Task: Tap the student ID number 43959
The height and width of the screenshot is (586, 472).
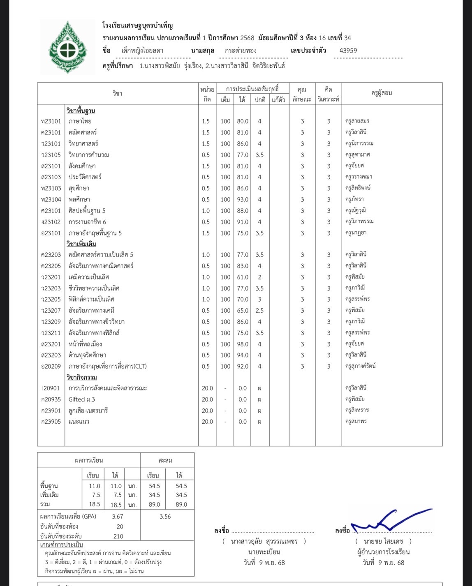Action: (x=348, y=51)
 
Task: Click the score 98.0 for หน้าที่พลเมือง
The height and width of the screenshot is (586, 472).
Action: (x=243, y=344)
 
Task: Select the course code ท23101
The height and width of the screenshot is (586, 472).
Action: (x=51, y=121)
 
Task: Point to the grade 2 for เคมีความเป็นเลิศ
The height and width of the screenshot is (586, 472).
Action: (x=259, y=277)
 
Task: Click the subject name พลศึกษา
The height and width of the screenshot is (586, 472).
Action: (x=79, y=199)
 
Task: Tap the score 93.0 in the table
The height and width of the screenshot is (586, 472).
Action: (x=243, y=199)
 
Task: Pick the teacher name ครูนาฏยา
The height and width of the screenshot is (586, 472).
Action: (x=356, y=233)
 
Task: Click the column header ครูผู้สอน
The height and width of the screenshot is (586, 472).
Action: (x=381, y=93)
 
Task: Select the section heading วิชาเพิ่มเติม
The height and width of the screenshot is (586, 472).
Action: (x=81, y=244)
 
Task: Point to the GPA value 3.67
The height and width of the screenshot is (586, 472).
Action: (x=117, y=517)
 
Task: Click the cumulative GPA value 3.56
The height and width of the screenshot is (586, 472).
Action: (x=165, y=517)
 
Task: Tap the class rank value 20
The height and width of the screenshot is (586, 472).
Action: (x=120, y=526)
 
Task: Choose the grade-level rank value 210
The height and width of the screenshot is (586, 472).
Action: (x=118, y=536)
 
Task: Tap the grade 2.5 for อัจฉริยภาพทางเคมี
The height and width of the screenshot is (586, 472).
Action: (x=259, y=311)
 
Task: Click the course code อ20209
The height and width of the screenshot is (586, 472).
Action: (x=51, y=366)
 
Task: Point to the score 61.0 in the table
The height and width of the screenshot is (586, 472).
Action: (x=243, y=277)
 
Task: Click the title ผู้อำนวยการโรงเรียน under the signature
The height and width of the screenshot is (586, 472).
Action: (x=383, y=552)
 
